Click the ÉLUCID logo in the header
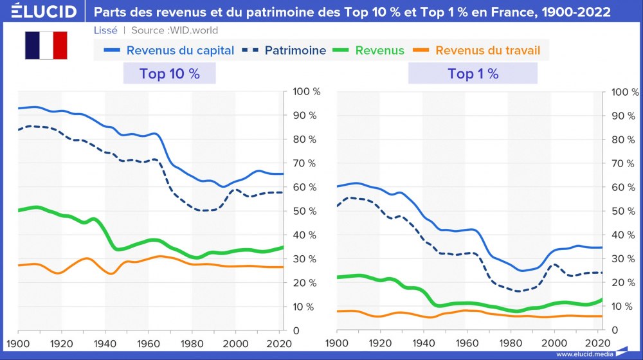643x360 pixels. [39, 12]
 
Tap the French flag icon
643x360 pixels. [46, 46]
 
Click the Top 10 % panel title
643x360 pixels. [169, 74]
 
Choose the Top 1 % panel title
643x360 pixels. [473, 74]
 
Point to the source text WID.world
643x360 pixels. [192, 30]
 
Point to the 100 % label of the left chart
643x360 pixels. [306, 92]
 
